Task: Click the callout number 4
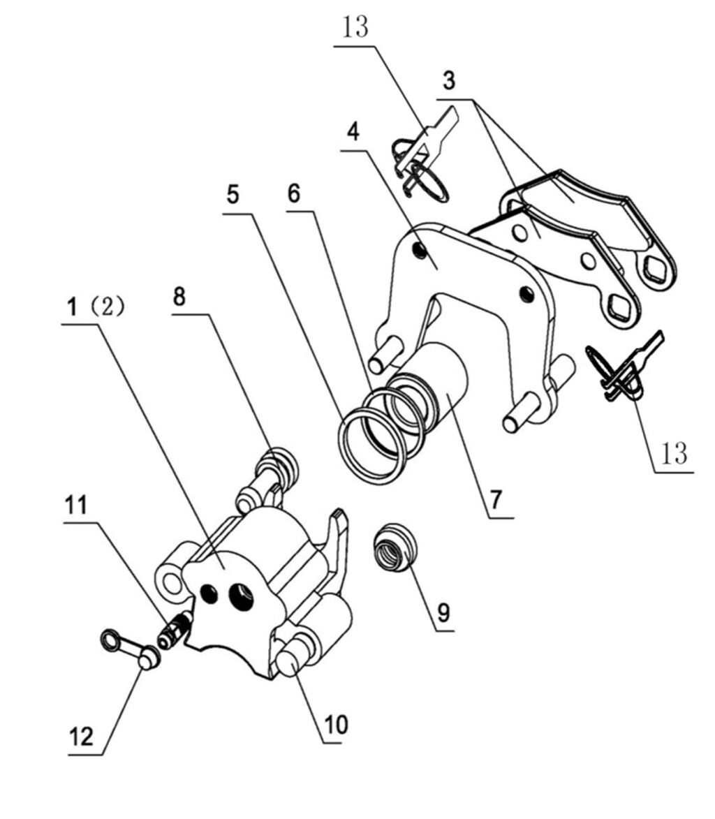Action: pos(354,132)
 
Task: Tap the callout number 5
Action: pos(233,195)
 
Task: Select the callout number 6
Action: pos(294,193)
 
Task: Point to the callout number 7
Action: pos(495,500)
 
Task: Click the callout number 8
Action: pos(179,297)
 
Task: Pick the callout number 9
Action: pos(444,612)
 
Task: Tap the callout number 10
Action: pos(334,725)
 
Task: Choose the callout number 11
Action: pos(77,504)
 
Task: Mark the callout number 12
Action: pos(82,737)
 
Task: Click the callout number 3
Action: pos(449,80)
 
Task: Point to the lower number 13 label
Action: pos(675,454)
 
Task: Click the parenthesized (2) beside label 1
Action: pos(107,307)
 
